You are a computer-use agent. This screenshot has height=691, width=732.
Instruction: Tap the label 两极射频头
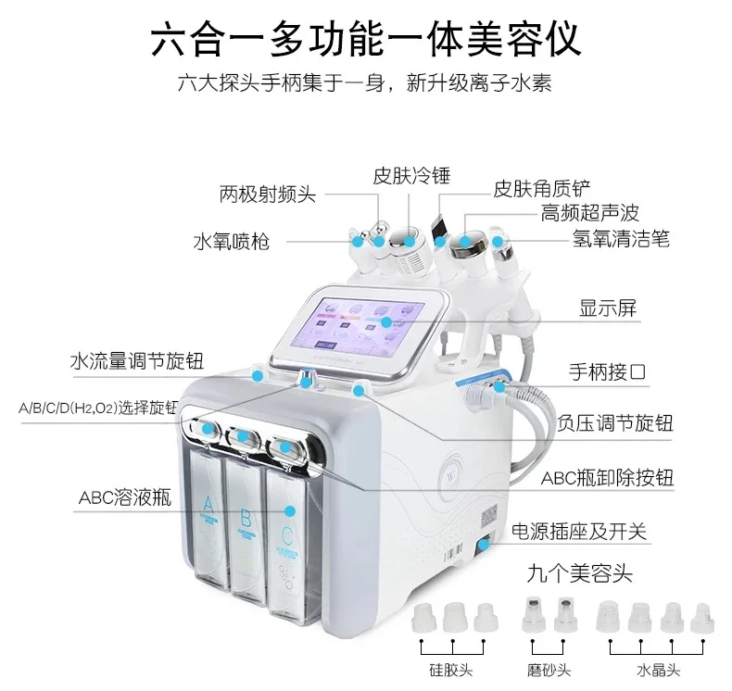[268, 195]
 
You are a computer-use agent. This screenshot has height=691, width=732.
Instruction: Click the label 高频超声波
[591, 214]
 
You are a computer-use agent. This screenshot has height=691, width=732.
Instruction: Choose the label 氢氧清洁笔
[620, 239]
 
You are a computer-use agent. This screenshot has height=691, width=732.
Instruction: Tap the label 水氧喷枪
[232, 242]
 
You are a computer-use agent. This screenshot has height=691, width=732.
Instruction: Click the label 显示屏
[609, 309]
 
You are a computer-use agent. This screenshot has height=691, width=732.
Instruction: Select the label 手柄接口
[607, 373]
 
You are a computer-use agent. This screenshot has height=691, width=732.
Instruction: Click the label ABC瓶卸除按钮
[608, 479]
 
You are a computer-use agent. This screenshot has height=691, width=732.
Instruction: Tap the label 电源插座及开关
[580, 533]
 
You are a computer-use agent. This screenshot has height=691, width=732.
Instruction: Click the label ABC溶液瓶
[125, 497]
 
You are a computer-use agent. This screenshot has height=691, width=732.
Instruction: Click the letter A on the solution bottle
[208, 504]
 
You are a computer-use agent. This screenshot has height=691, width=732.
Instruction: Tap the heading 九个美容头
[580, 574]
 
